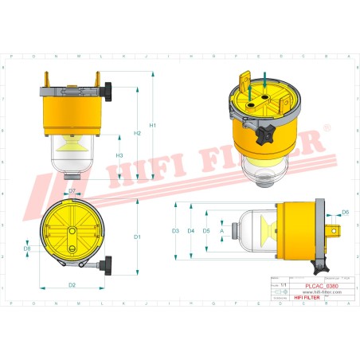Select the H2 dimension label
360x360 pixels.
pyautogui.click(x=138, y=132)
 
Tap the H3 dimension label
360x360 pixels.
pyautogui.click(x=119, y=155)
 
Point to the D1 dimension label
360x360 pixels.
pyautogui.click(x=137, y=237)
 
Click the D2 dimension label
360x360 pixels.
pyautogui.click(x=72, y=284)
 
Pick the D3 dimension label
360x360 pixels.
pyautogui.click(x=175, y=231)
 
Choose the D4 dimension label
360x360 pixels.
pyautogui.click(x=191, y=231)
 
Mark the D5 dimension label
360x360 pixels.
pyautogui.click(x=206, y=231)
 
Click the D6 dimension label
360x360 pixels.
pyautogui.click(x=345, y=212)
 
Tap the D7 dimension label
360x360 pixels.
pyautogui.click(x=72, y=191)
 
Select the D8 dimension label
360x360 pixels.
pyautogui.click(x=27, y=249)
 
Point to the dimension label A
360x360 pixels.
pyautogui.click(x=221, y=231)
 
